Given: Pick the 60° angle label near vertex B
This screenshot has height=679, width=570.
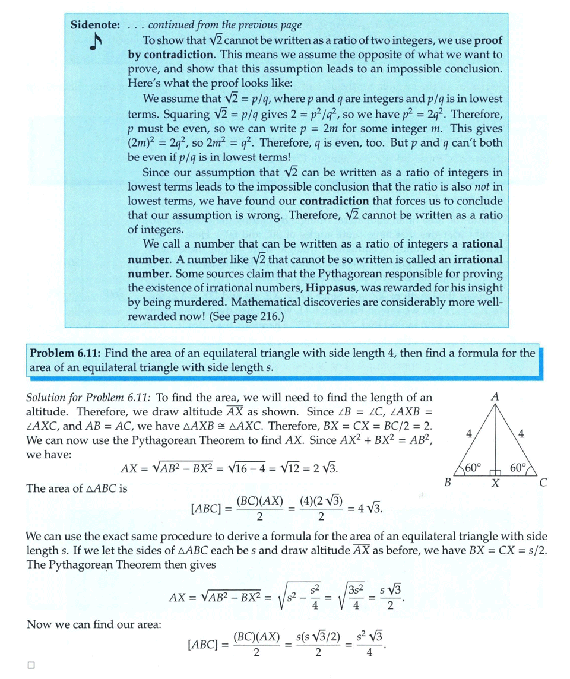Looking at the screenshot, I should tap(473, 467).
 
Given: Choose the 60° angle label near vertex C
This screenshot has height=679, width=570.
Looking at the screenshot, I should tap(517, 467).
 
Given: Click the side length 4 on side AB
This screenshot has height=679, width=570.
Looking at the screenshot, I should tap(468, 434).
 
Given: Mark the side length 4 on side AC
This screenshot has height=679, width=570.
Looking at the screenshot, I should tap(521, 434).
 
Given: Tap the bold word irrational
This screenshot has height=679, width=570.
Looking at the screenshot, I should tap(478, 259).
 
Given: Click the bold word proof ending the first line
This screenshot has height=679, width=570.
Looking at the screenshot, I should tap(487, 40).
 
